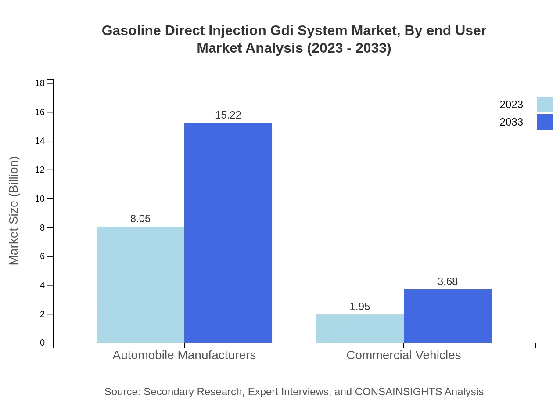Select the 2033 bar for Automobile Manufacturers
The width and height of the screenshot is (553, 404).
(x=228, y=233)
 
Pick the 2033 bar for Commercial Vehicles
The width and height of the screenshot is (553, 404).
(x=448, y=316)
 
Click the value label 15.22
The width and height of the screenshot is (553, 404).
(x=228, y=115)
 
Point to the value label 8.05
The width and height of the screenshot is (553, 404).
(x=140, y=219)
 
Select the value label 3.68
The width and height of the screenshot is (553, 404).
(x=448, y=281)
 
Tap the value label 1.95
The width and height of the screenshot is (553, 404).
(x=360, y=307)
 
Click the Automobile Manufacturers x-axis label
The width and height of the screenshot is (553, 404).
(x=184, y=355)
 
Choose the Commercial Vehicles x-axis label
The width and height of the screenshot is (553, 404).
(x=404, y=355)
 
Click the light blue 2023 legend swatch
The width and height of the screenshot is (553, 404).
(x=545, y=105)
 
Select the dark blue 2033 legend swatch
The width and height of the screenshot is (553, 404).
(x=545, y=122)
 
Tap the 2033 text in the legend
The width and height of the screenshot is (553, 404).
(x=511, y=122)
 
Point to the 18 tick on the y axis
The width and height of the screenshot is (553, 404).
(x=40, y=83)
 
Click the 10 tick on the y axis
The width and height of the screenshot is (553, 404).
(x=40, y=198)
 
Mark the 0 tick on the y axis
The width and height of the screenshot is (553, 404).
(x=43, y=343)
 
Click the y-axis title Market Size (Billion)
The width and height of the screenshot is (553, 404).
(x=14, y=211)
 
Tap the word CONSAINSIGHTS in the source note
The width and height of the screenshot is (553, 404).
(x=398, y=391)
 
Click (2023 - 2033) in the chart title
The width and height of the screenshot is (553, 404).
(x=349, y=48)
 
